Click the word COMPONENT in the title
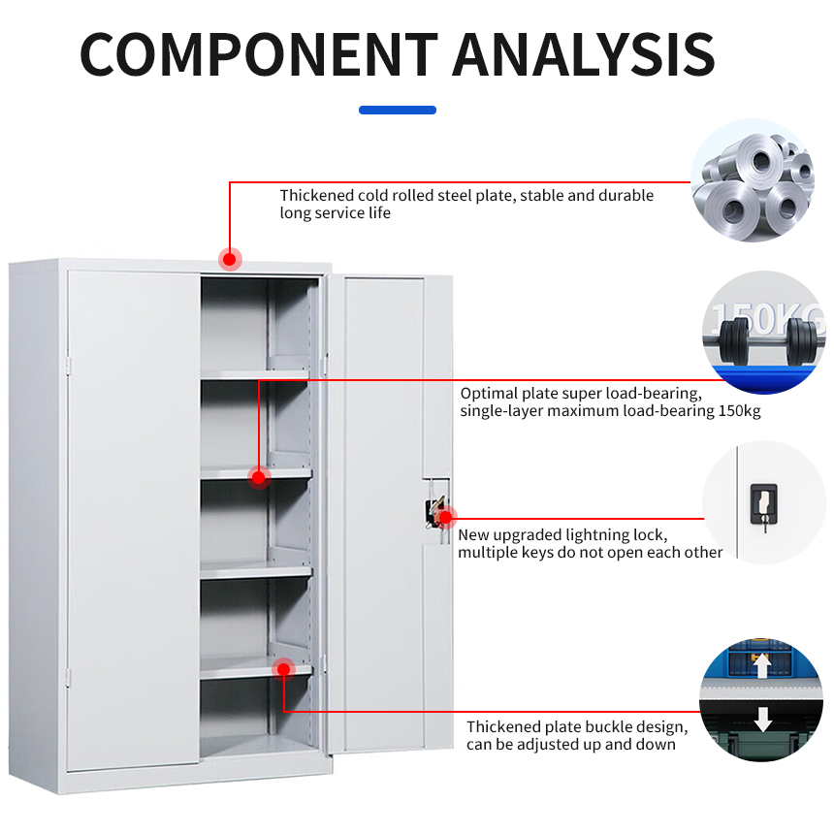258,54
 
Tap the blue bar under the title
398,110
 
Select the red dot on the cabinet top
231,259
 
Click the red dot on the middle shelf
259,477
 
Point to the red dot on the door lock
446,517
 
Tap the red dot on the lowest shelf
283,668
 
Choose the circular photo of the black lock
763,502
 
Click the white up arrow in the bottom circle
763,664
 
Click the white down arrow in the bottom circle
763,719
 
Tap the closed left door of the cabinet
133,514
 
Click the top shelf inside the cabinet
256,373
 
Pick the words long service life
336,212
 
